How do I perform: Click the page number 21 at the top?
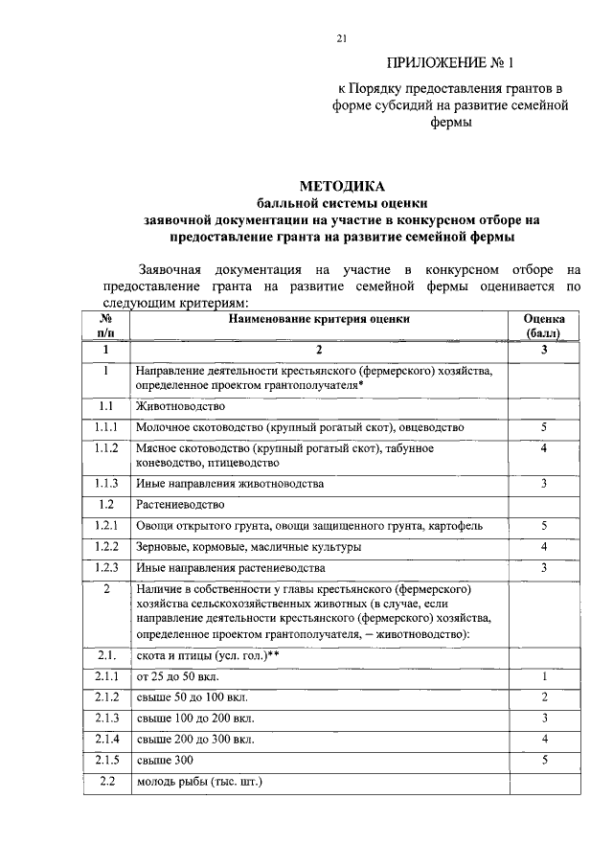coord(342,38)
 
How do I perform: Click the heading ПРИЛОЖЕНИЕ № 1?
coord(450,65)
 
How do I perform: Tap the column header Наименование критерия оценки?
coord(320,319)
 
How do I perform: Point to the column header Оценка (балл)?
coord(543,326)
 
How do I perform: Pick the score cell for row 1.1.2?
coord(543,448)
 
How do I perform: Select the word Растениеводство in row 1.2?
coord(180,504)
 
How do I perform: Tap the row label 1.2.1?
coord(106,526)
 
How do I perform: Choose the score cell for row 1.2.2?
coord(543,547)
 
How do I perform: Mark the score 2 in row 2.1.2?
coord(543,696)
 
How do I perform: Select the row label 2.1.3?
coord(106,718)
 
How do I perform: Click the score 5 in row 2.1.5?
coord(543,761)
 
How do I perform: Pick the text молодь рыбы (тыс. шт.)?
coord(198,783)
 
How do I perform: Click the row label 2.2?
coord(106,783)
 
